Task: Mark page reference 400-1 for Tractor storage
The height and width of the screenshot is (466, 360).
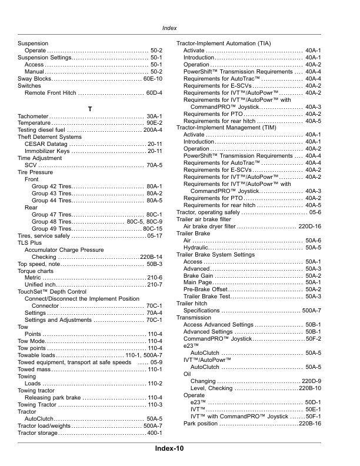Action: (154, 433)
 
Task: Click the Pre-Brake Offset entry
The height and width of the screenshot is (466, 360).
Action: (205, 289)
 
